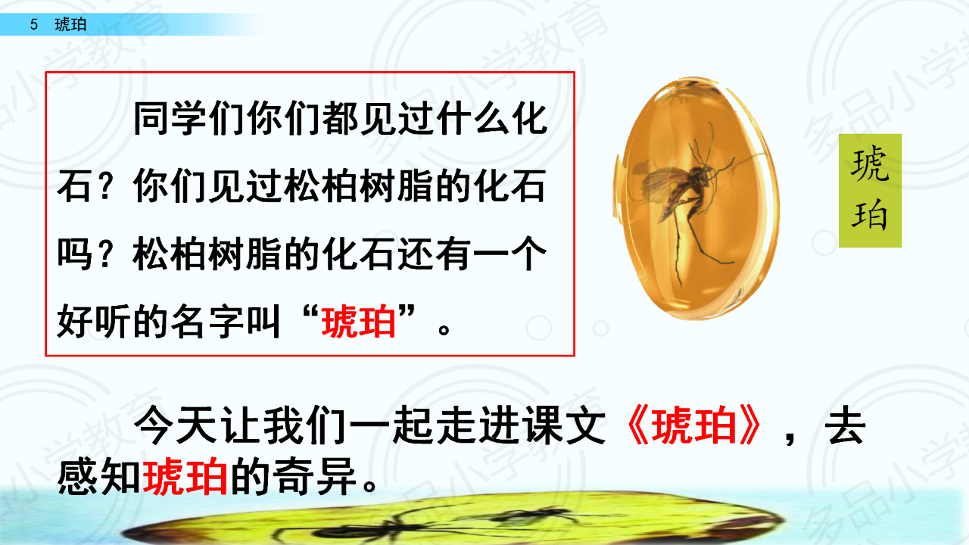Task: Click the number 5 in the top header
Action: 34,24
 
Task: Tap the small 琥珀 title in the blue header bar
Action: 70,24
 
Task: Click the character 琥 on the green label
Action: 870,163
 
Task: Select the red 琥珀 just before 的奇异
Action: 185,477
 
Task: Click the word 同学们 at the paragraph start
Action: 189,119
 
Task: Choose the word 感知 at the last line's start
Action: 99,477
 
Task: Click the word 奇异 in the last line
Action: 315,477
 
